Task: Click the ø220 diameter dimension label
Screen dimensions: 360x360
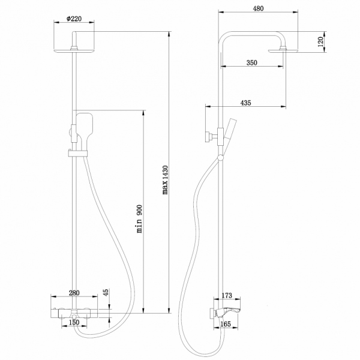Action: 73,19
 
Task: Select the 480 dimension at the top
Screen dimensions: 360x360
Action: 259,9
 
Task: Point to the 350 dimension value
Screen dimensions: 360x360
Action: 253,62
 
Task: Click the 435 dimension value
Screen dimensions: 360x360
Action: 245,103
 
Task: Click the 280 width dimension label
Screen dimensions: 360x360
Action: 74,292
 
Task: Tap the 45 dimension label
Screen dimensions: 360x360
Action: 106,293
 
